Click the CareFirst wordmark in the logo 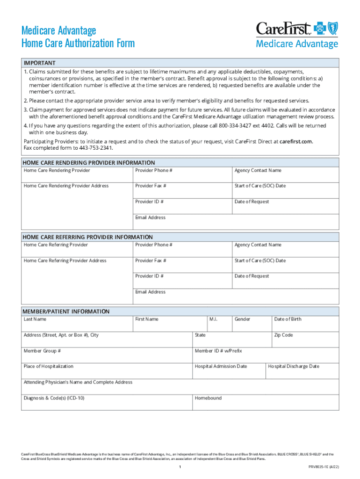pos(283,29)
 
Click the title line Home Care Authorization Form pos(78,44)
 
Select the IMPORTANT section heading pos(40,63)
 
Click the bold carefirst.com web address pos(296,141)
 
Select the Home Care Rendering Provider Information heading pos(89,163)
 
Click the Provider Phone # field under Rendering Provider pos(182,175)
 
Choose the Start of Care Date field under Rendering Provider pos(286,190)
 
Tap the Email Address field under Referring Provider pos(236,297)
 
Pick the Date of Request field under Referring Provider pos(286,281)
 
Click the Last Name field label pos(35,319)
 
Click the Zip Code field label pos(283,335)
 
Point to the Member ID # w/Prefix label pos(218,351)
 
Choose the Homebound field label pos(209,398)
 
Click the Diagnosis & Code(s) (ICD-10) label pos(54,398)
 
